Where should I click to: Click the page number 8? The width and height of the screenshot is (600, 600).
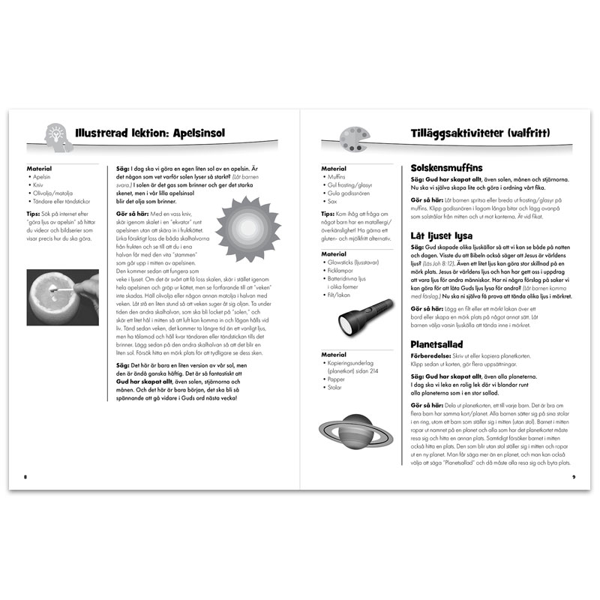point(25,477)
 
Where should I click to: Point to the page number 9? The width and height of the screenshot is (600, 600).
point(573,477)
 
